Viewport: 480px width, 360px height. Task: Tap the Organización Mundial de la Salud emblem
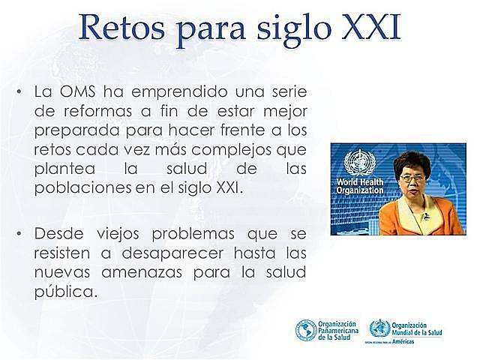click(379, 328)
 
